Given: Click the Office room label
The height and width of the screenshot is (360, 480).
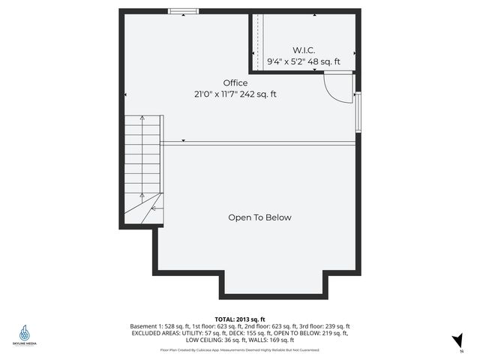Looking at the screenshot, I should [x=235, y=82].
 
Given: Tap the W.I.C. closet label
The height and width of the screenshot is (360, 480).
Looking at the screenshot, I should [x=303, y=49].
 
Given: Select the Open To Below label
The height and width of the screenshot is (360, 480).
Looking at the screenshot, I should [x=259, y=217].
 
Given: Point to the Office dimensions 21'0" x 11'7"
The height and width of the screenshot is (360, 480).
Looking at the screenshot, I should [x=216, y=94].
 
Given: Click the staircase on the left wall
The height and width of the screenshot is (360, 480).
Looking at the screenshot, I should [x=143, y=169].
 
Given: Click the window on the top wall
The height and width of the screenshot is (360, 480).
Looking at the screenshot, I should [x=184, y=10].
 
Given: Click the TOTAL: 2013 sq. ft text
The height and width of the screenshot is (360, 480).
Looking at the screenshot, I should [x=240, y=319].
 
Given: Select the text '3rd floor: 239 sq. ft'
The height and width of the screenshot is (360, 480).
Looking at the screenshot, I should [x=325, y=326].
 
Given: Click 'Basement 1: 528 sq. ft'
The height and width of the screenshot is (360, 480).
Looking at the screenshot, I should [x=157, y=326].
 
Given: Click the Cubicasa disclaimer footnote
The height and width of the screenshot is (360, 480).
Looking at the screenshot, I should [x=240, y=349].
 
